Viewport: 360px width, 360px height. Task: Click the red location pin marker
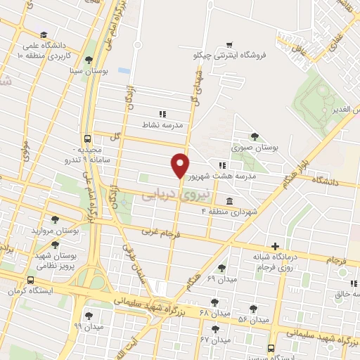tap(180, 165)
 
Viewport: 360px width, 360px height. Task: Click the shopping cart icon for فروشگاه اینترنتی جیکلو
tap(230, 44)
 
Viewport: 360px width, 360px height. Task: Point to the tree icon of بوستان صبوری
tap(254, 137)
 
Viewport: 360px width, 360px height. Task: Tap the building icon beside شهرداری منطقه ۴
tap(230, 201)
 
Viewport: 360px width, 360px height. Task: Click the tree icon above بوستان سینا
tap(88, 60)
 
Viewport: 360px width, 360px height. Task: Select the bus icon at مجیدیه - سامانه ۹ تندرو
tap(86, 139)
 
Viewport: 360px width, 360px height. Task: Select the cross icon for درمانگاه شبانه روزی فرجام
tap(276, 246)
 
